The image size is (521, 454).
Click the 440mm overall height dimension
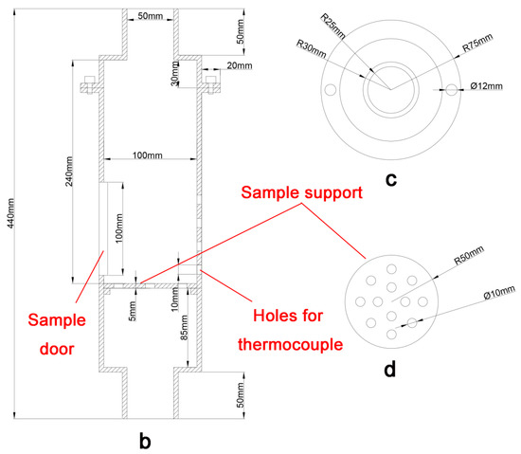(x=10, y=213)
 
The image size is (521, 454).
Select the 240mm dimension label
(x=69, y=172)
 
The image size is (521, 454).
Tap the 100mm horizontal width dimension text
(x=148, y=155)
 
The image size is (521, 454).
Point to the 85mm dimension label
(x=184, y=327)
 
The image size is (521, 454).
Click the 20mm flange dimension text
(x=240, y=65)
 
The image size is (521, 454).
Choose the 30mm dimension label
(x=175, y=74)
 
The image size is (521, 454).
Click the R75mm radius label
(x=477, y=44)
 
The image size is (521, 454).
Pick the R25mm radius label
(x=332, y=26)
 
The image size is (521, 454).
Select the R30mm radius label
(x=311, y=49)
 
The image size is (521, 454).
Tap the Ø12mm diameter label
(x=487, y=86)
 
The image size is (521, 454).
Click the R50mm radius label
(x=469, y=255)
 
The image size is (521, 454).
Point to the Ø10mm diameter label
(x=500, y=293)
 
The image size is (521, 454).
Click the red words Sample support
(x=301, y=192)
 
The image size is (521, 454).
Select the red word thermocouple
(x=291, y=345)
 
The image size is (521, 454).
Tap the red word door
(x=57, y=349)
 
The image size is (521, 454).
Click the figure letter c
(x=391, y=180)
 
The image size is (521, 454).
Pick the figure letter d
(x=390, y=369)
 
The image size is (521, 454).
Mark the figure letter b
(x=145, y=441)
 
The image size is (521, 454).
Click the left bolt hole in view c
(x=331, y=89)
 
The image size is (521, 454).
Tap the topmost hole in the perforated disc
(x=392, y=269)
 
